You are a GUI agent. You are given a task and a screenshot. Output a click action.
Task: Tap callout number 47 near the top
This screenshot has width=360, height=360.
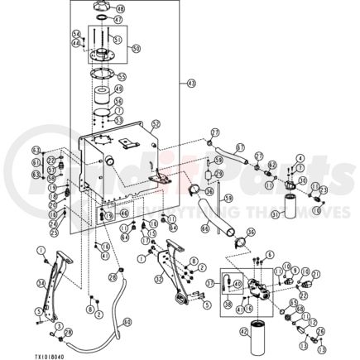(x=118, y=19)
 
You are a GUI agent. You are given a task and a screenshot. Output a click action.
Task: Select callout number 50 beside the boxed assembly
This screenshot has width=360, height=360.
(x=136, y=49)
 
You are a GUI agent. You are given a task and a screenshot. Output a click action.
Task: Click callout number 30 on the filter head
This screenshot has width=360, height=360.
(x=302, y=180)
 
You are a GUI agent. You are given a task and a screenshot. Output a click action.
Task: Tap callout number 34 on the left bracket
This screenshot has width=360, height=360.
(x=41, y=284)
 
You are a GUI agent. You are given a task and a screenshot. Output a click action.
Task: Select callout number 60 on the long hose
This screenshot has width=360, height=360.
(x=127, y=322)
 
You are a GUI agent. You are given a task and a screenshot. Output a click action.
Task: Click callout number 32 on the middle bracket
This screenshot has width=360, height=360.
(x=158, y=279)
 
